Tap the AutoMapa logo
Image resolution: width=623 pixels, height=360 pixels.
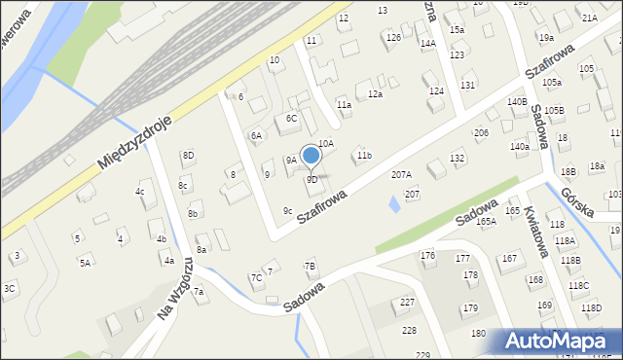pyautogui.click(x=562, y=342)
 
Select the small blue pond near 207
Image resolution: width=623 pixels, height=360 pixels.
pyautogui.click(x=394, y=204)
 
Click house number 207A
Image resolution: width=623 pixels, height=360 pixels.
pyautogui.click(x=401, y=175)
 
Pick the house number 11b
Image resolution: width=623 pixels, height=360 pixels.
pyautogui.click(x=363, y=156)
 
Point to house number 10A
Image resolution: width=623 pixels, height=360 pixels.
pyautogui.click(x=325, y=144)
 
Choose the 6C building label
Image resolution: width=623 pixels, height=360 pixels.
pyautogui.click(x=291, y=119)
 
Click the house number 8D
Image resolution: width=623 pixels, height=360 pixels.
pyautogui.click(x=188, y=156)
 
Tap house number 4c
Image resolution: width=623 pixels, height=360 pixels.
pyautogui.click(x=140, y=192)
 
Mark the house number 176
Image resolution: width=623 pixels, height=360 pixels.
pyautogui.click(x=427, y=255)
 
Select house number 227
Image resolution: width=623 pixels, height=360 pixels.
pyautogui.click(x=408, y=303)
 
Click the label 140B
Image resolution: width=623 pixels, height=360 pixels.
pyautogui.click(x=517, y=102)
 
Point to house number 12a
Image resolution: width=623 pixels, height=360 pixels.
pyautogui.click(x=375, y=94)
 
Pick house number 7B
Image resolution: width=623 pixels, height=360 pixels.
pyautogui.click(x=310, y=266)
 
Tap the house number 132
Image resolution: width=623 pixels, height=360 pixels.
pyautogui.click(x=458, y=158)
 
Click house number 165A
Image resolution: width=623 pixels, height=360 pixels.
pyautogui.click(x=487, y=222)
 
